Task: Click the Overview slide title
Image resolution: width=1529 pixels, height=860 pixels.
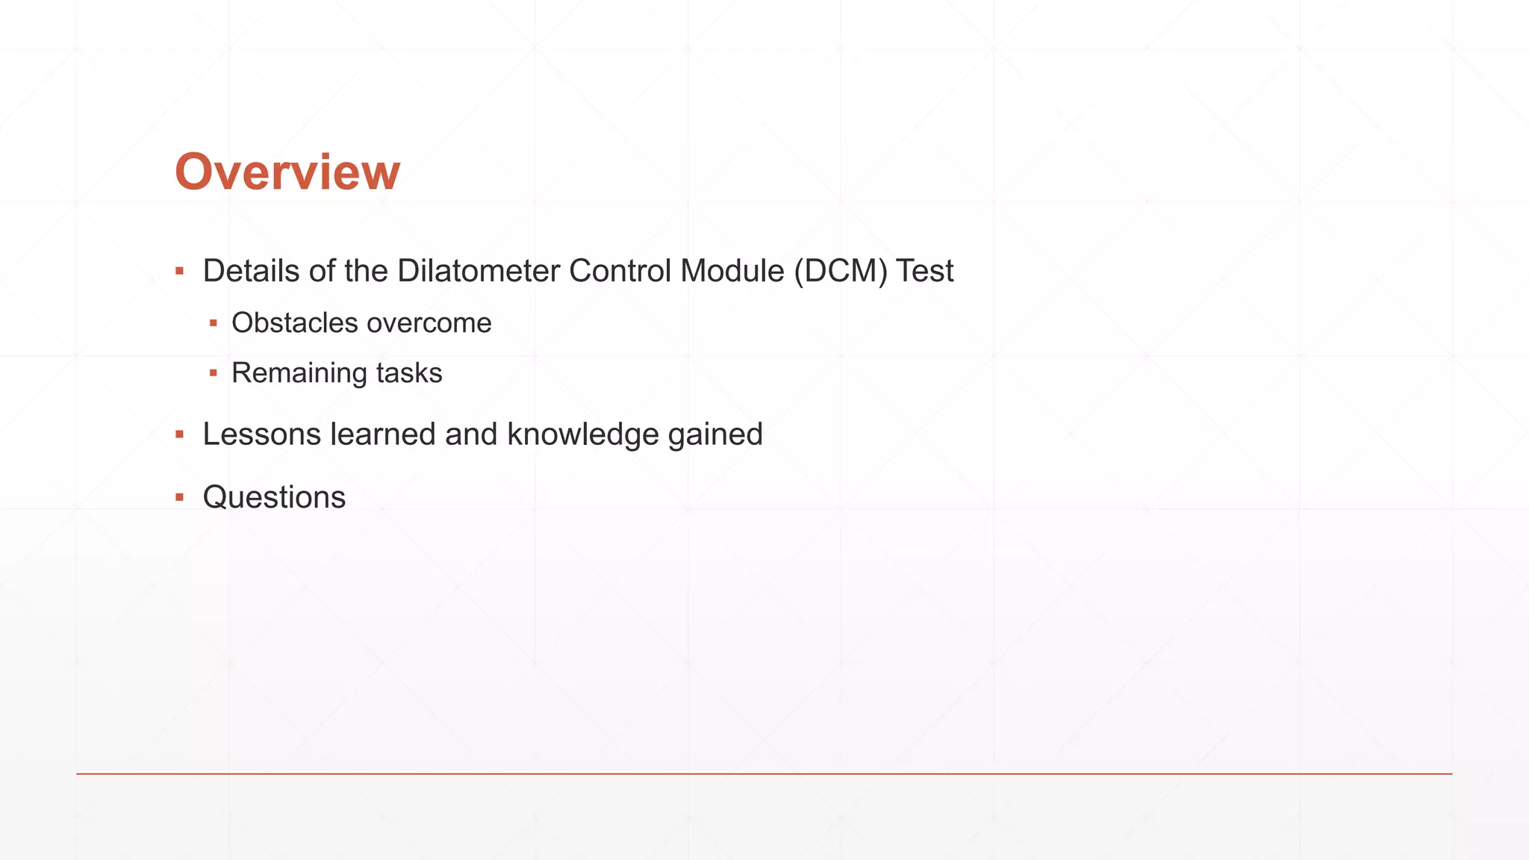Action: pyautogui.click(x=287, y=172)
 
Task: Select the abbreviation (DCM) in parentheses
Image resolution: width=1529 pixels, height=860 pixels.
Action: pyautogui.click(x=841, y=271)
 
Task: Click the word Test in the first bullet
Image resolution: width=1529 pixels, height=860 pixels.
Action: pyautogui.click(x=925, y=271)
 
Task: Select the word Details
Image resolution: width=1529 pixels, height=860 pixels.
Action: pyautogui.click(x=251, y=271)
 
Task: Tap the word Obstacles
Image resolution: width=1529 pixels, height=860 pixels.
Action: pyautogui.click(x=295, y=323)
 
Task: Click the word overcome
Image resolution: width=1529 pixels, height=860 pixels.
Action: pyautogui.click(x=429, y=323)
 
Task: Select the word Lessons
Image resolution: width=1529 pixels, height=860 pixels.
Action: pyautogui.click(x=261, y=434)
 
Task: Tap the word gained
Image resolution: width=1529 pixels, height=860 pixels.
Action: pyautogui.click(x=715, y=434)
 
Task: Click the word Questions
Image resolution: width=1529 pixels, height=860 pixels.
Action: pyautogui.click(x=274, y=497)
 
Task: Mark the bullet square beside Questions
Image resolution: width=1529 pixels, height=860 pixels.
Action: pyautogui.click(x=179, y=497)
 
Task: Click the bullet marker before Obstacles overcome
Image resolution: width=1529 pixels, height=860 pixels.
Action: pyautogui.click(x=214, y=323)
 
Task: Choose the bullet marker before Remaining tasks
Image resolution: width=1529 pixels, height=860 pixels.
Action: pyautogui.click(x=214, y=373)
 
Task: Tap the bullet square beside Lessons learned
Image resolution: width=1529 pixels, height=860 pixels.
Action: pyautogui.click(x=179, y=434)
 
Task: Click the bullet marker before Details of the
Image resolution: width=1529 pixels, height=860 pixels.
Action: pyautogui.click(x=179, y=270)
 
